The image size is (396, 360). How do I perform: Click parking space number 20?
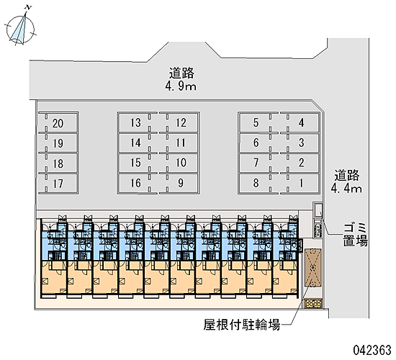tap(58, 123)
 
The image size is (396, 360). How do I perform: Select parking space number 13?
tap(135, 122)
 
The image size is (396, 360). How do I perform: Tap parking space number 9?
tap(181, 183)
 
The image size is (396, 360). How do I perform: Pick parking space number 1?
tap(301, 183)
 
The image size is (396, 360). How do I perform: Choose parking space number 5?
tap(256, 122)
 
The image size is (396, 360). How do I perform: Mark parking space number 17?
tap(58, 184)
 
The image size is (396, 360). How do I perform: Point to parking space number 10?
tap(181, 163)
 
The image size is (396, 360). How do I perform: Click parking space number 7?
tap(256, 163)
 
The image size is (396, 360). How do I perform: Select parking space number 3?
tap(301, 143)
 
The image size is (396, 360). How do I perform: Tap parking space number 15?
tap(135, 163)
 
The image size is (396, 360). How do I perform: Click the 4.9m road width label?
tap(181, 86)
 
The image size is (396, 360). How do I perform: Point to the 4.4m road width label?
tap(346, 189)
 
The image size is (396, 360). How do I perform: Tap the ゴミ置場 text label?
tap(355, 235)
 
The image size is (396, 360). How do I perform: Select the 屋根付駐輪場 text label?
tap(242, 325)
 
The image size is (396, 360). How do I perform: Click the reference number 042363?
tap(372, 351)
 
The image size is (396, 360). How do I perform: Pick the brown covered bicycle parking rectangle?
tap(313, 268)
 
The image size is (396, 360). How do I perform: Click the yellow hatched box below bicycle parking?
tap(313, 303)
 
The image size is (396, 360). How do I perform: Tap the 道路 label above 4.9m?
tap(181, 73)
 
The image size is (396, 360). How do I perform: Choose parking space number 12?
tap(181, 122)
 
